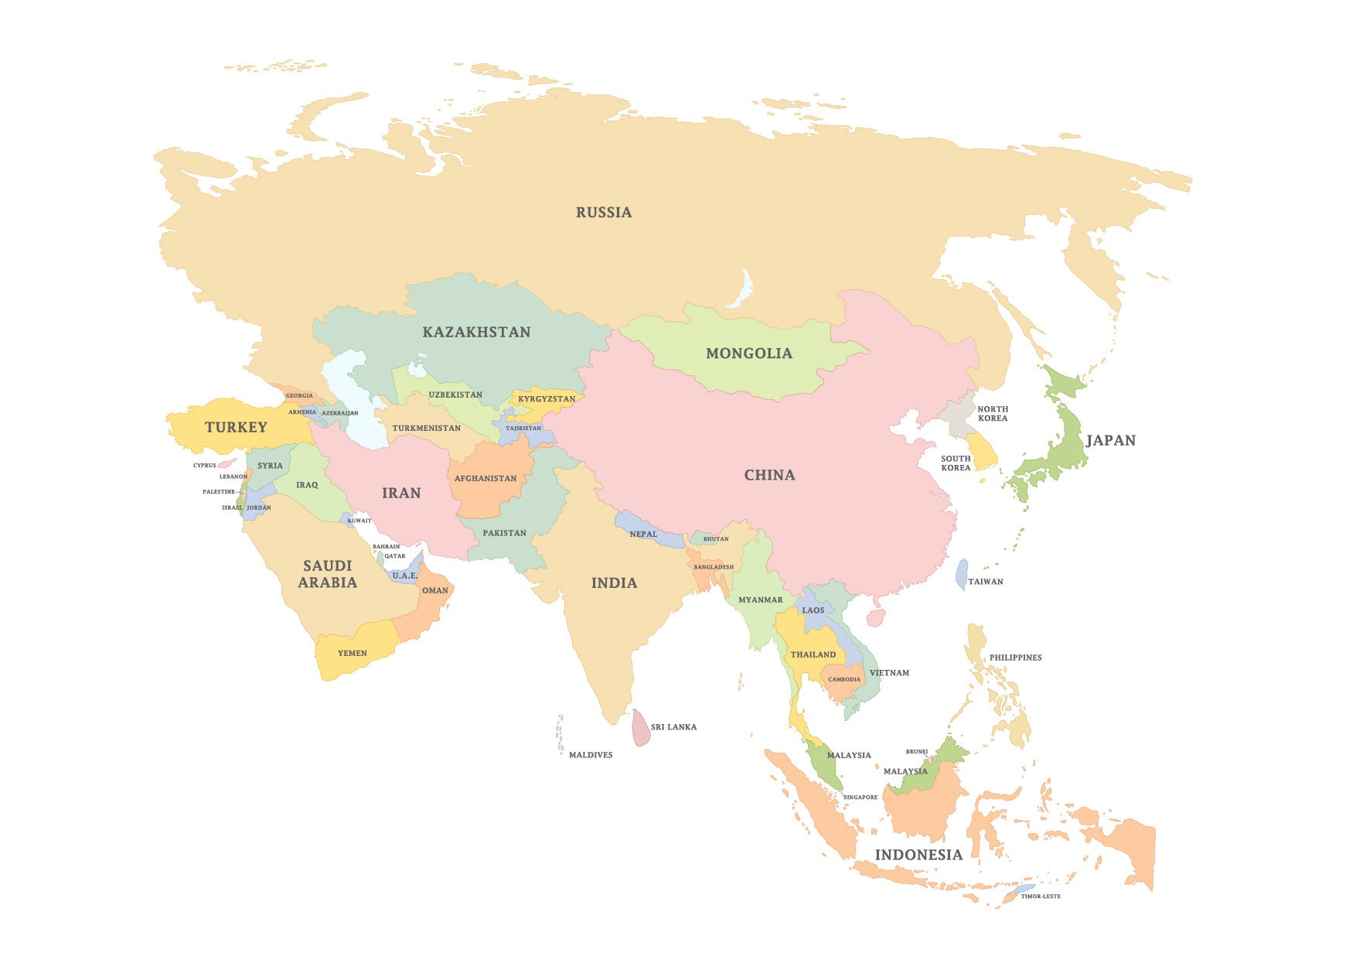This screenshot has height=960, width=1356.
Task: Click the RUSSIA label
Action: [604, 212]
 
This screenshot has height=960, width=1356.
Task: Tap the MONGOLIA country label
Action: [749, 354]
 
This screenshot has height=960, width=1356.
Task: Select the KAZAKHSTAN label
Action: [476, 332]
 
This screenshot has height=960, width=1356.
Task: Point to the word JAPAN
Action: [1111, 440]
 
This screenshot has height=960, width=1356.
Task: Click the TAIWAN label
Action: [986, 582]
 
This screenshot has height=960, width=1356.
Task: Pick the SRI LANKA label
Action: [673, 727]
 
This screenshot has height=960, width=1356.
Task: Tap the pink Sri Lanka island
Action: [641, 729]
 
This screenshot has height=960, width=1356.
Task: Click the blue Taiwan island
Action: [962, 575]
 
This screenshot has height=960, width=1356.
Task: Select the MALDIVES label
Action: [591, 755]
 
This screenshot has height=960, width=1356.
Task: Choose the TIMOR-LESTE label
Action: [1041, 897]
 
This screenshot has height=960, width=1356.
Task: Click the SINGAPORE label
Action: [860, 798]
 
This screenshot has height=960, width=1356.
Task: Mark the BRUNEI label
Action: [917, 752]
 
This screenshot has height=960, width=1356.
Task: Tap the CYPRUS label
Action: [205, 466]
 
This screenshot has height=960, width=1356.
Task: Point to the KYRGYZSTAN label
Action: [547, 399]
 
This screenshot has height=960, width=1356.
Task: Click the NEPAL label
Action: [643, 534]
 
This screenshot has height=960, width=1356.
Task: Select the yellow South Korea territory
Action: [983, 451]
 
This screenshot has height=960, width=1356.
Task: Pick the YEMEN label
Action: [353, 653]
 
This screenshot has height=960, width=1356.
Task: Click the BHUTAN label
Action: [716, 539]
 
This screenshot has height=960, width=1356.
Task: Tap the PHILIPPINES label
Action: [1016, 658]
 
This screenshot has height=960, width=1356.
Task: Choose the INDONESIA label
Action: [918, 855]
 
